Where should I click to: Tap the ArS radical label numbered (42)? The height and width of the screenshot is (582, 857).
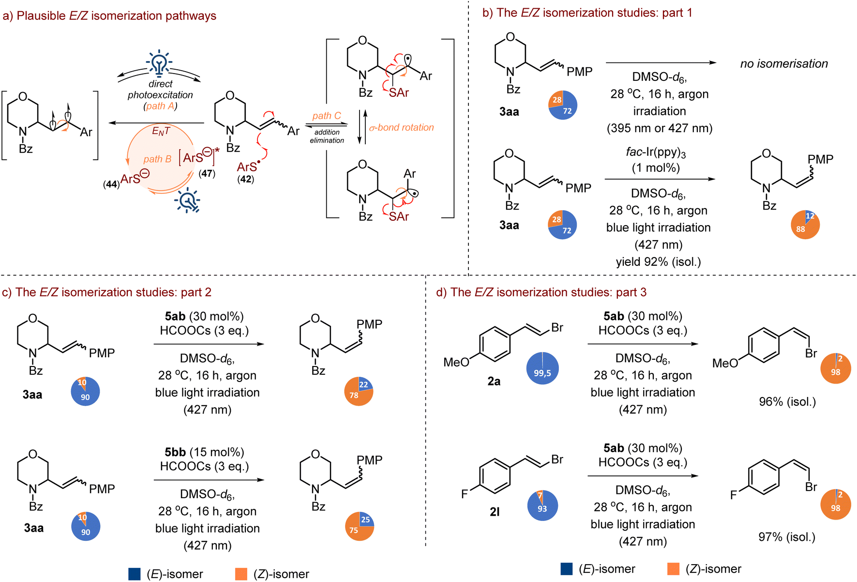pos(247,168)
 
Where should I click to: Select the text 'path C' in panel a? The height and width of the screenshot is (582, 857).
pos(327,116)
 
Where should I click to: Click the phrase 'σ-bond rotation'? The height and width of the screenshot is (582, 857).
pos(401,127)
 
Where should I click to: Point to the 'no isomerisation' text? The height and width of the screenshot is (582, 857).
pos(784,63)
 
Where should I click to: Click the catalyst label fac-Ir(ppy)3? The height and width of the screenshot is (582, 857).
pos(656,153)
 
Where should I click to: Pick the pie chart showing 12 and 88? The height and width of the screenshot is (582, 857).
pos(805,225)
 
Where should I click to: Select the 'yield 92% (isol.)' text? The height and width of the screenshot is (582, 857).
pos(658,262)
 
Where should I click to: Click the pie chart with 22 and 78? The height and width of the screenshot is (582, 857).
pos(359,391)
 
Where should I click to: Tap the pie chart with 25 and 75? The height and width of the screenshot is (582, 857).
pos(360,526)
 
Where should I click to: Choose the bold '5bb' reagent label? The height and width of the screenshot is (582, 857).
pos(175,452)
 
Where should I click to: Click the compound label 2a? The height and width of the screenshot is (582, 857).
pos(494,382)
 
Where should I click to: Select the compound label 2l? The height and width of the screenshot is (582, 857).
pos(495,512)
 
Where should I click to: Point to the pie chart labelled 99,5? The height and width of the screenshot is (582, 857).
pos(542,368)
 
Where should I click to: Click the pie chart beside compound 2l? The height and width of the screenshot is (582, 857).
pos(542,505)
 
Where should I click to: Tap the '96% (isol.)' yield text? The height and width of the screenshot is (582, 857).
pos(787,402)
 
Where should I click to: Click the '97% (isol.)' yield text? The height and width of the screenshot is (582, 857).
pos(787,537)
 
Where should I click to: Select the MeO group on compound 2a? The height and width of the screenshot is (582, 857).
pos(456,362)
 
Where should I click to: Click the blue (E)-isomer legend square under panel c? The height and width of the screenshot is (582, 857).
pos(135,574)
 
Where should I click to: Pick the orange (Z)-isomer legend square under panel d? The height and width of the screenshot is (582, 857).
pos(673,569)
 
